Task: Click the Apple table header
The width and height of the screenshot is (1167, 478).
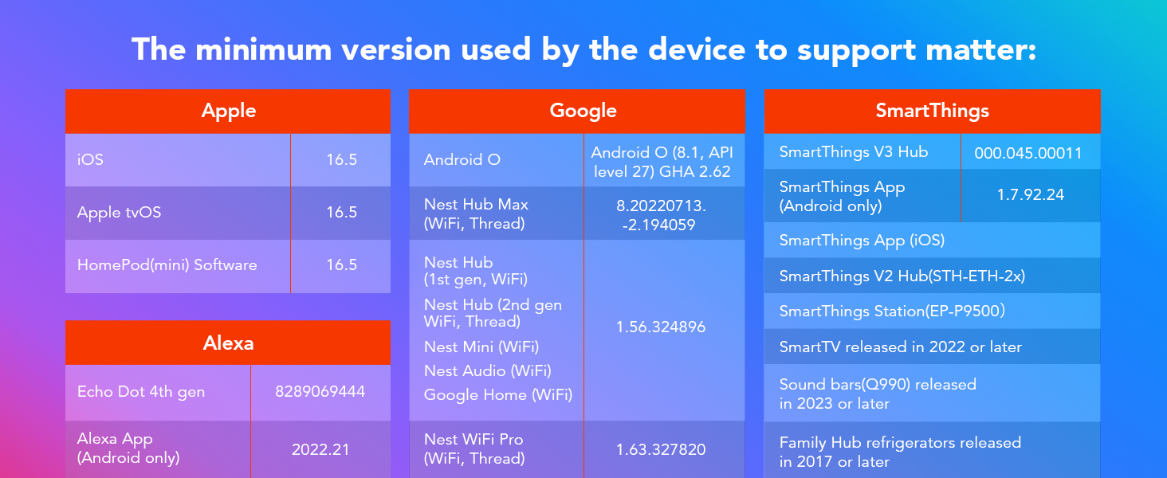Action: click(228, 111)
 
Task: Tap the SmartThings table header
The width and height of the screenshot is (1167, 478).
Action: click(933, 111)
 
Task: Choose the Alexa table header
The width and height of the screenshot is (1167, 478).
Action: click(228, 343)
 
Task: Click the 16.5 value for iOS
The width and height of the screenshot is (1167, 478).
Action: click(342, 159)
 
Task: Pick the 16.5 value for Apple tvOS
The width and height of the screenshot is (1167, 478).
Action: click(342, 212)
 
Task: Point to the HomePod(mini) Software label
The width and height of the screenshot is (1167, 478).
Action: click(167, 265)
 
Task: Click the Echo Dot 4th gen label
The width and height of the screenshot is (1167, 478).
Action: click(141, 392)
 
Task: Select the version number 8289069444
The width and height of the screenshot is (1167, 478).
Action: click(320, 392)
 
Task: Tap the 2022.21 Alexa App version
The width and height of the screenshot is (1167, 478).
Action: click(320, 449)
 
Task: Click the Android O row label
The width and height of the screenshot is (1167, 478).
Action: click(462, 159)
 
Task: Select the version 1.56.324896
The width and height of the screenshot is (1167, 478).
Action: click(661, 327)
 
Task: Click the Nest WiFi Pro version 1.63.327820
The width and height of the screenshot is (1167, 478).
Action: click(661, 449)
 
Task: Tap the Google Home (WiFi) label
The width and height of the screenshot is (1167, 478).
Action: click(498, 394)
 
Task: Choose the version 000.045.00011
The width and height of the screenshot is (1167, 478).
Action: click(1028, 153)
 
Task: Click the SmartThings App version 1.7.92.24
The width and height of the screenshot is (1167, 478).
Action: click(1031, 194)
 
